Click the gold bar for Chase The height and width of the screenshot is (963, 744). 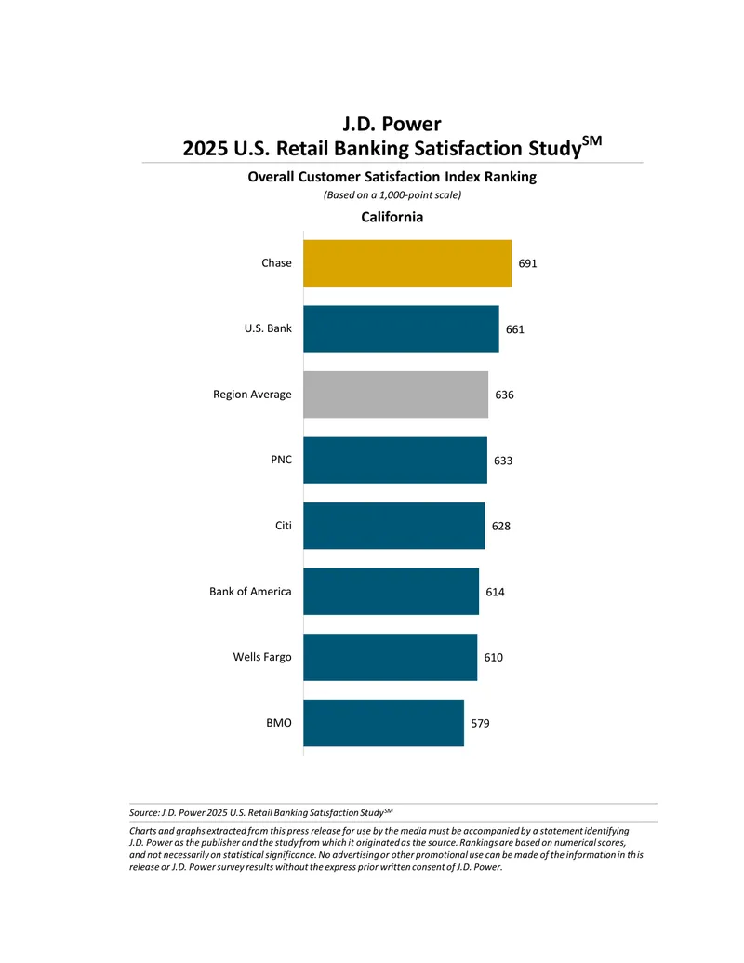pyautogui.click(x=407, y=263)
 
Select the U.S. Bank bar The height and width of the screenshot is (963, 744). pyautogui.click(x=401, y=328)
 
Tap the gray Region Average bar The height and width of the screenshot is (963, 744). pyautogui.click(x=395, y=395)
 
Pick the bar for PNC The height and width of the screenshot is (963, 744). pyautogui.click(x=394, y=460)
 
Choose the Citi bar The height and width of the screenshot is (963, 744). pyautogui.click(x=393, y=526)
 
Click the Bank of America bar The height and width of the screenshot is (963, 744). pyautogui.click(x=391, y=592)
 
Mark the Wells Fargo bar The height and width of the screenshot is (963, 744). pyautogui.click(x=390, y=657)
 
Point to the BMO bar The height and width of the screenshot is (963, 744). pyautogui.click(x=384, y=723)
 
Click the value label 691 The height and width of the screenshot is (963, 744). pyautogui.click(x=528, y=263)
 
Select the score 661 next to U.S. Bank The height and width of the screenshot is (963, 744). pyautogui.click(x=515, y=329)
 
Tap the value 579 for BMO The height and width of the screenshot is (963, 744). pyautogui.click(x=480, y=724)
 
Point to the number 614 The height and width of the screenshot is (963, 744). pyautogui.click(x=495, y=592)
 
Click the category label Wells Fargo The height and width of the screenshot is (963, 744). pyautogui.click(x=262, y=657)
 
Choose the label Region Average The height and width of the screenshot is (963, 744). pyautogui.click(x=252, y=395)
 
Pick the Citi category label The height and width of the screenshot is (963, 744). pyautogui.click(x=283, y=526)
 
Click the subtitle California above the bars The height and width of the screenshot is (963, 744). pyautogui.click(x=392, y=217)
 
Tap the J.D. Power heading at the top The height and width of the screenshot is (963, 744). pyautogui.click(x=392, y=124)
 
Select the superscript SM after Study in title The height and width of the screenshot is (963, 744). pyautogui.click(x=591, y=140)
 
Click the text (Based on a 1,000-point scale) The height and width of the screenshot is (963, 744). pyautogui.click(x=392, y=194)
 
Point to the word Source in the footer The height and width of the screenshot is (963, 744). pyautogui.click(x=143, y=812)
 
